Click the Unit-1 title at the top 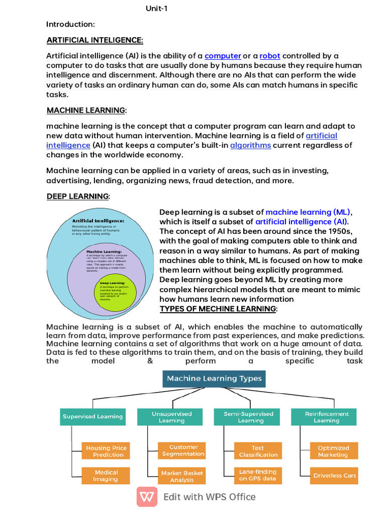[x=156, y=9]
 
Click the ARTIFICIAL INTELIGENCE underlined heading [x=95, y=40]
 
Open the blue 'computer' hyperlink [x=223, y=56]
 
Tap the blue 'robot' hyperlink [x=270, y=56]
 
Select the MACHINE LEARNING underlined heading [x=86, y=110]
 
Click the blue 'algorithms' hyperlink [x=250, y=145]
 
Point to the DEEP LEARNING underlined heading [x=78, y=196]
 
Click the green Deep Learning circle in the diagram [x=115, y=292]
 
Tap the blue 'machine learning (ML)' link [x=308, y=212]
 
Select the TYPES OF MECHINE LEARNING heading [x=218, y=308]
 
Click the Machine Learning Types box [x=214, y=378]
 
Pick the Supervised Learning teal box [x=92, y=417]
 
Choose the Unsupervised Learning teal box [x=172, y=417]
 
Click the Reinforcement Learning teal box [x=327, y=417]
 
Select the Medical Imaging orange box [x=106, y=475]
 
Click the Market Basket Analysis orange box [x=181, y=476]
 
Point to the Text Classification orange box [x=258, y=451]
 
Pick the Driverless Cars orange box [x=334, y=475]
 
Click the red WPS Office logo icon [x=147, y=497]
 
